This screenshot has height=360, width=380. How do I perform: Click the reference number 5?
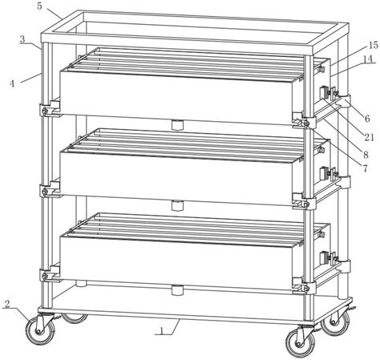[39, 6]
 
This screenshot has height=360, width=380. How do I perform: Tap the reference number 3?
[22, 39]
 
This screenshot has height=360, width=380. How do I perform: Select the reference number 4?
[12, 84]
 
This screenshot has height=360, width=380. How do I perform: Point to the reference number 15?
[373, 45]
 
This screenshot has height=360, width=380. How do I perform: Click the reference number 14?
[368, 59]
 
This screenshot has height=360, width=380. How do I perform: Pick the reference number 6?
[367, 119]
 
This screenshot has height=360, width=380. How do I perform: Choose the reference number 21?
[369, 137]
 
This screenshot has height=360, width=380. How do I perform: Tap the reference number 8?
[366, 155]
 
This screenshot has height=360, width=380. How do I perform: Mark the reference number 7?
[365, 168]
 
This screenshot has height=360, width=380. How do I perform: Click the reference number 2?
[7, 304]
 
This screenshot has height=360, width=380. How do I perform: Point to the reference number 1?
[161, 330]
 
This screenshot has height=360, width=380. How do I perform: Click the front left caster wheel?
[40, 330]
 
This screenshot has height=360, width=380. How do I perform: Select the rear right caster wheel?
[335, 323]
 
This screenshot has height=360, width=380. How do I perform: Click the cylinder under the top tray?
[177, 125]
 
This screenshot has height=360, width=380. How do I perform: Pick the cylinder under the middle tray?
[177, 206]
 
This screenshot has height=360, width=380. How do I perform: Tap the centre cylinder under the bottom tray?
[177, 290]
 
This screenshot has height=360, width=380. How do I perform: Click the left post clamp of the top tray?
[50, 109]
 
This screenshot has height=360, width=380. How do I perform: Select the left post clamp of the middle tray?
[50, 189]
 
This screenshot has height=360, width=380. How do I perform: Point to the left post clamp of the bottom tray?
[50, 274]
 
